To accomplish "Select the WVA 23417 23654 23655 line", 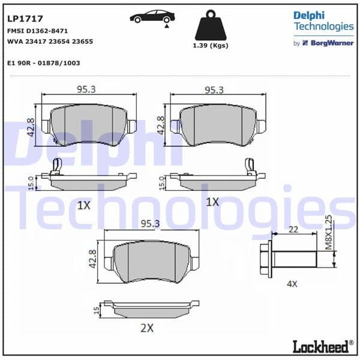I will pos(50,41).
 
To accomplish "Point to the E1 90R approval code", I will pos(44,62).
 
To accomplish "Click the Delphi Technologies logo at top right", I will pos(323,21).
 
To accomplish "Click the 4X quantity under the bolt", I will pos(292,283).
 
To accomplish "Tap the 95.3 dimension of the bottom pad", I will pos(149,223).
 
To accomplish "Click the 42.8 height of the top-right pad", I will pos(161,126).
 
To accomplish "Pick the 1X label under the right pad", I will pos(212,202).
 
